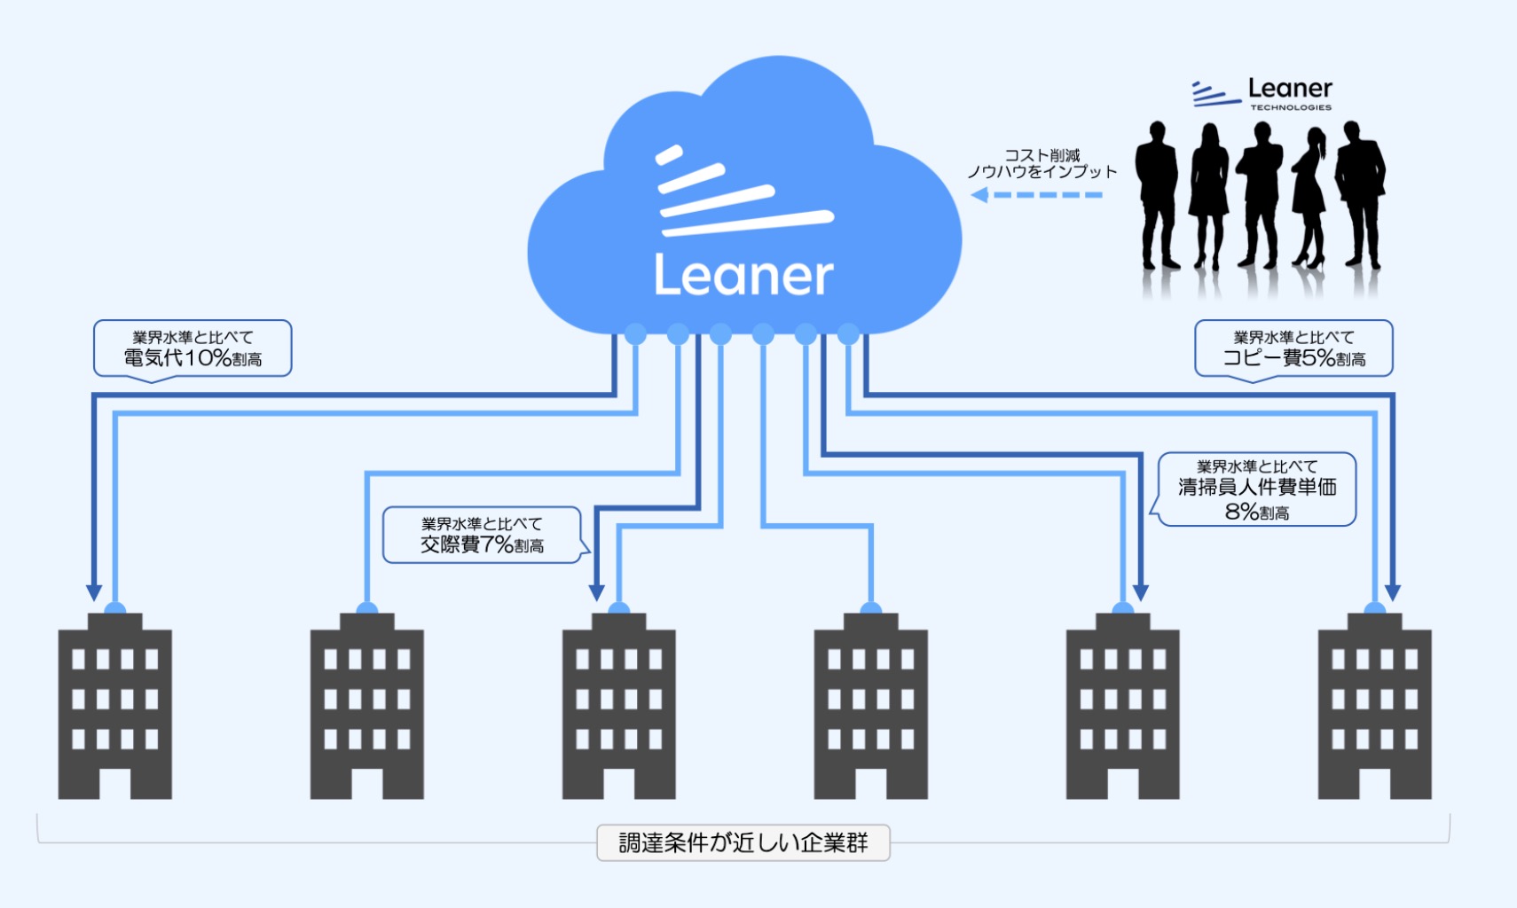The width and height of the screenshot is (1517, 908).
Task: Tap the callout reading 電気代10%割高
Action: (x=193, y=348)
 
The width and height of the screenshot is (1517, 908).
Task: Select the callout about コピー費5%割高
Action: (x=1293, y=348)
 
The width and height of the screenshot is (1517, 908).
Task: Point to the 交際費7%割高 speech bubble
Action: (x=482, y=535)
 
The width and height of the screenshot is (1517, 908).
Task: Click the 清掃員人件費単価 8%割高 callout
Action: (x=1257, y=489)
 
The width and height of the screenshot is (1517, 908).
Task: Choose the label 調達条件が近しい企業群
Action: (x=743, y=842)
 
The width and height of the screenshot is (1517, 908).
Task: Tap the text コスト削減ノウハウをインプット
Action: (x=1041, y=163)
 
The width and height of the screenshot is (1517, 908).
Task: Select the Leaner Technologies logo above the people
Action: (x=1262, y=93)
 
